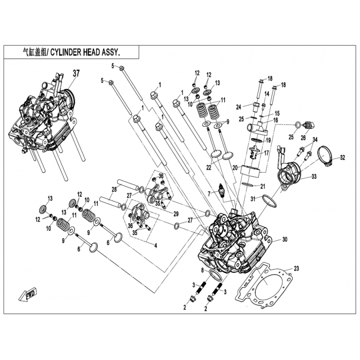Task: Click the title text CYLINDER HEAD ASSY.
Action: click(x=85, y=52)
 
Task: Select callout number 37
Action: click(x=76, y=73)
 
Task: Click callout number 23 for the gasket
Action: click(x=296, y=269)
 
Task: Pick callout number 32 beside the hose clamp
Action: click(x=342, y=157)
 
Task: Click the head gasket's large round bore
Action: click(x=266, y=283)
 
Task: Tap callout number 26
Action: click(x=303, y=138)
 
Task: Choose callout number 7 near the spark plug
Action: click(x=209, y=193)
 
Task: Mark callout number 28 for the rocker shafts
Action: click(x=114, y=189)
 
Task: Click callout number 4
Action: click(x=155, y=246)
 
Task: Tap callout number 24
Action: click(x=239, y=107)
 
